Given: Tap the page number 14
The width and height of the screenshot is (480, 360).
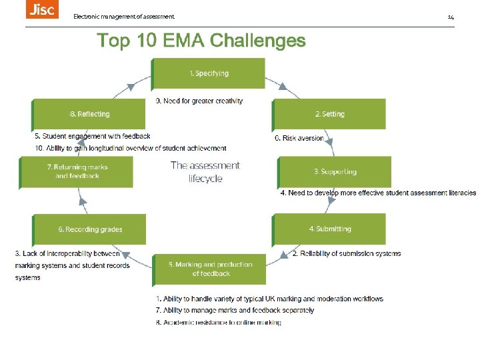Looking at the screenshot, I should (x=451, y=16).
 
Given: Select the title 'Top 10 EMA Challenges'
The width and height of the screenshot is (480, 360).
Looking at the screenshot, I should (x=201, y=41).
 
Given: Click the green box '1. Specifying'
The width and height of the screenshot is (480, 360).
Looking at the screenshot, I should (x=209, y=73).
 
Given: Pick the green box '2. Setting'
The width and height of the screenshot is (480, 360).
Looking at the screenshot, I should (x=329, y=114).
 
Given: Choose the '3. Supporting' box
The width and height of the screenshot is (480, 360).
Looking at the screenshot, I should (x=335, y=172).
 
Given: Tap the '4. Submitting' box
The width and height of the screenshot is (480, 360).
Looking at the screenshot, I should (x=329, y=229).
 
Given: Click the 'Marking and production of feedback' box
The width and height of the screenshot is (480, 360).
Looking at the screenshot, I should (x=210, y=269).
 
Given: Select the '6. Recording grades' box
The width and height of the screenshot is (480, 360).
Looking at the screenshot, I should (x=90, y=229).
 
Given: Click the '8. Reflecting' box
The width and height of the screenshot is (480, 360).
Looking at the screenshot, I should (x=89, y=114).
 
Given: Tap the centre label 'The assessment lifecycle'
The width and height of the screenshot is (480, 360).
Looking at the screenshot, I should (x=205, y=171).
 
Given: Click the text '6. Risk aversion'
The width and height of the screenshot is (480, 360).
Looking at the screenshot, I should (x=299, y=139).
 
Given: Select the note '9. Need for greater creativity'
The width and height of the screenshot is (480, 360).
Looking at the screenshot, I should (x=199, y=101).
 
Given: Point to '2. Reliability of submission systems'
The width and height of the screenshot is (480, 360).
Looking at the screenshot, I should (x=347, y=253).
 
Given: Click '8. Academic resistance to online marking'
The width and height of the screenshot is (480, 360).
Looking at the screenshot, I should (x=219, y=323).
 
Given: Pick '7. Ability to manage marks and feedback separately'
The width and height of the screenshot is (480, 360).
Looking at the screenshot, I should (x=235, y=311).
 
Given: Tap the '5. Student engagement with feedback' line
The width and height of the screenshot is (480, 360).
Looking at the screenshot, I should (x=92, y=136).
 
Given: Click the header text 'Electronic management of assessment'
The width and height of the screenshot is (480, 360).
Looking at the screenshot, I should (x=124, y=16).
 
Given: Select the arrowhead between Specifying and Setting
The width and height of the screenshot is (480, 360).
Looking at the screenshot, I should (x=284, y=87).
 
